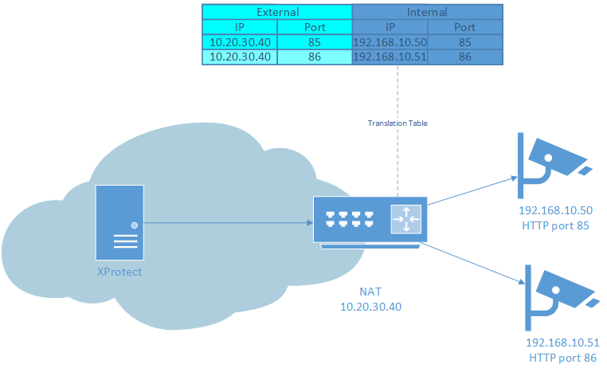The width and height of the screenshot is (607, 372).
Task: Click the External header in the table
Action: pyautogui.click(x=276, y=12)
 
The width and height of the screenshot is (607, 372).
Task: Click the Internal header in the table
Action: pyautogui.click(x=427, y=12)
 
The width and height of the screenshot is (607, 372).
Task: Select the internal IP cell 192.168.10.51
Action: pyautogui.click(x=390, y=57)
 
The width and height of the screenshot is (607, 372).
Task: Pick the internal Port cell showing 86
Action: pyautogui.click(x=465, y=57)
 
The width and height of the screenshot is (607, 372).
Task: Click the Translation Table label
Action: pyautogui.click(x=397, y=123)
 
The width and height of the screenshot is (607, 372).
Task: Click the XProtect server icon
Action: pyautogui.click(x=119, y=222)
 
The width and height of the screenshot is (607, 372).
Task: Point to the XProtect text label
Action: pyautogui.click(x=119, y=272)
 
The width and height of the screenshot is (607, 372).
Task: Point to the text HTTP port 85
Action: pyautogui.click(x=556, y=225)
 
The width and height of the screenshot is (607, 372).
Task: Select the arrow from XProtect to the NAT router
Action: pyautogui.click(x=227, y=223)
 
